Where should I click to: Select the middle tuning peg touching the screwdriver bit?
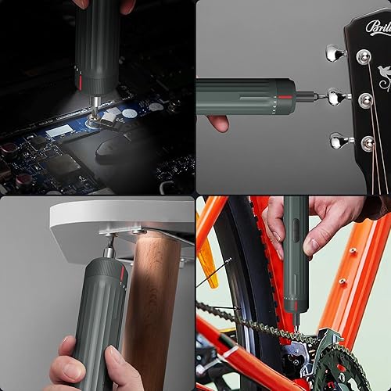pos(336,98)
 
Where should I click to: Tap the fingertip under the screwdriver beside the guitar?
pos(219,122)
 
